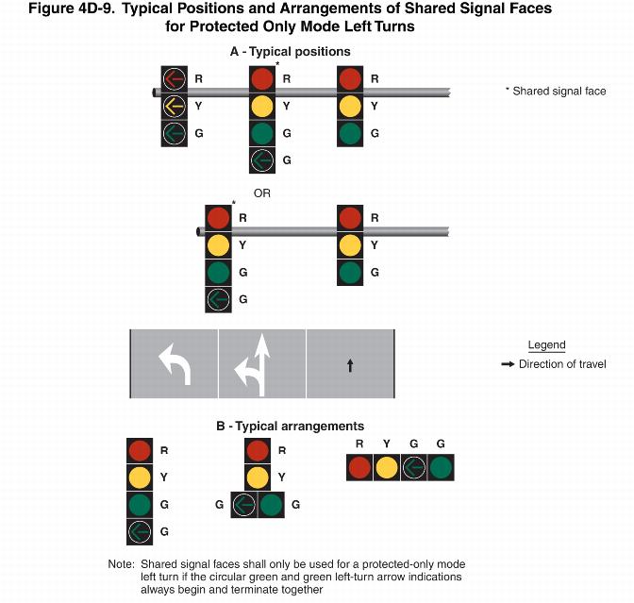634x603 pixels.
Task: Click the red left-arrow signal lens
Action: (x=175, y=79)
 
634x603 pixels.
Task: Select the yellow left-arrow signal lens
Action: (x=175, y=106)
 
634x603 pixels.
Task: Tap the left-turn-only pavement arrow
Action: (x=175, y=363)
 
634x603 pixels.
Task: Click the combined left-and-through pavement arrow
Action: (x=253, y=364)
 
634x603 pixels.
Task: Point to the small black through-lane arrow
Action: (x=350, y=365)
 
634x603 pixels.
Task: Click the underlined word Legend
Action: (x=546, y=345)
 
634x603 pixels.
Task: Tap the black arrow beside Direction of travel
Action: (x=508, y=364)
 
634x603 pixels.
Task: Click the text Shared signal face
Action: (x=559, y=92)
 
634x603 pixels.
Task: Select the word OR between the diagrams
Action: (x=262, y=193)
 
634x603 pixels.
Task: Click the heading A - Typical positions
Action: (x=290, y=52)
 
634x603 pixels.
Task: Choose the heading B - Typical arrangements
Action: (x=290, y=427)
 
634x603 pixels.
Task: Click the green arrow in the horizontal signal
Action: (x=413, y=467)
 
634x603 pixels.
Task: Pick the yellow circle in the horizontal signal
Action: (x=387, y=467)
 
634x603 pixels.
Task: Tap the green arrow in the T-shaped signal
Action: (x=243, y=505)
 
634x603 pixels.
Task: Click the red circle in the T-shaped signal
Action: (x=258, y=450)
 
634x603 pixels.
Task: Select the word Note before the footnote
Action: (x=121, y=564)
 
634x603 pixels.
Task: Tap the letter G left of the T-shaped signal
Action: (x=219, y=505)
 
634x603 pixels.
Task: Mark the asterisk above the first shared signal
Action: (x=277, y=63)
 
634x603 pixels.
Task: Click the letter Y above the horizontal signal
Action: (x=387, y=444)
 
